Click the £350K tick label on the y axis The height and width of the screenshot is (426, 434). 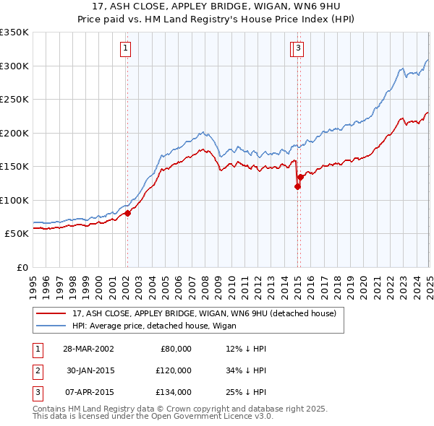(14, 32)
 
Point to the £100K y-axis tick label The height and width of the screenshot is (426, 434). (14, 200)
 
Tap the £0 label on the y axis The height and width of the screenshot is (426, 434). (22, 267)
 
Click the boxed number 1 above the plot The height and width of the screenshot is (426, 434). (126, 49)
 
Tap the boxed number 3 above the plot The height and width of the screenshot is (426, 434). (298, 49)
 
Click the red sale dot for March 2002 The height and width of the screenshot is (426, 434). (127, 213)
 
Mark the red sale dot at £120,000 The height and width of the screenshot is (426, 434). (297, 187)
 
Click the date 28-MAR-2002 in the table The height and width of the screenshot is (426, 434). (88, 349)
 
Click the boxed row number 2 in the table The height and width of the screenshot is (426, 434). (37, 370)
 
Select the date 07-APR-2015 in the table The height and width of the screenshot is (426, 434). (88, 392)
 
